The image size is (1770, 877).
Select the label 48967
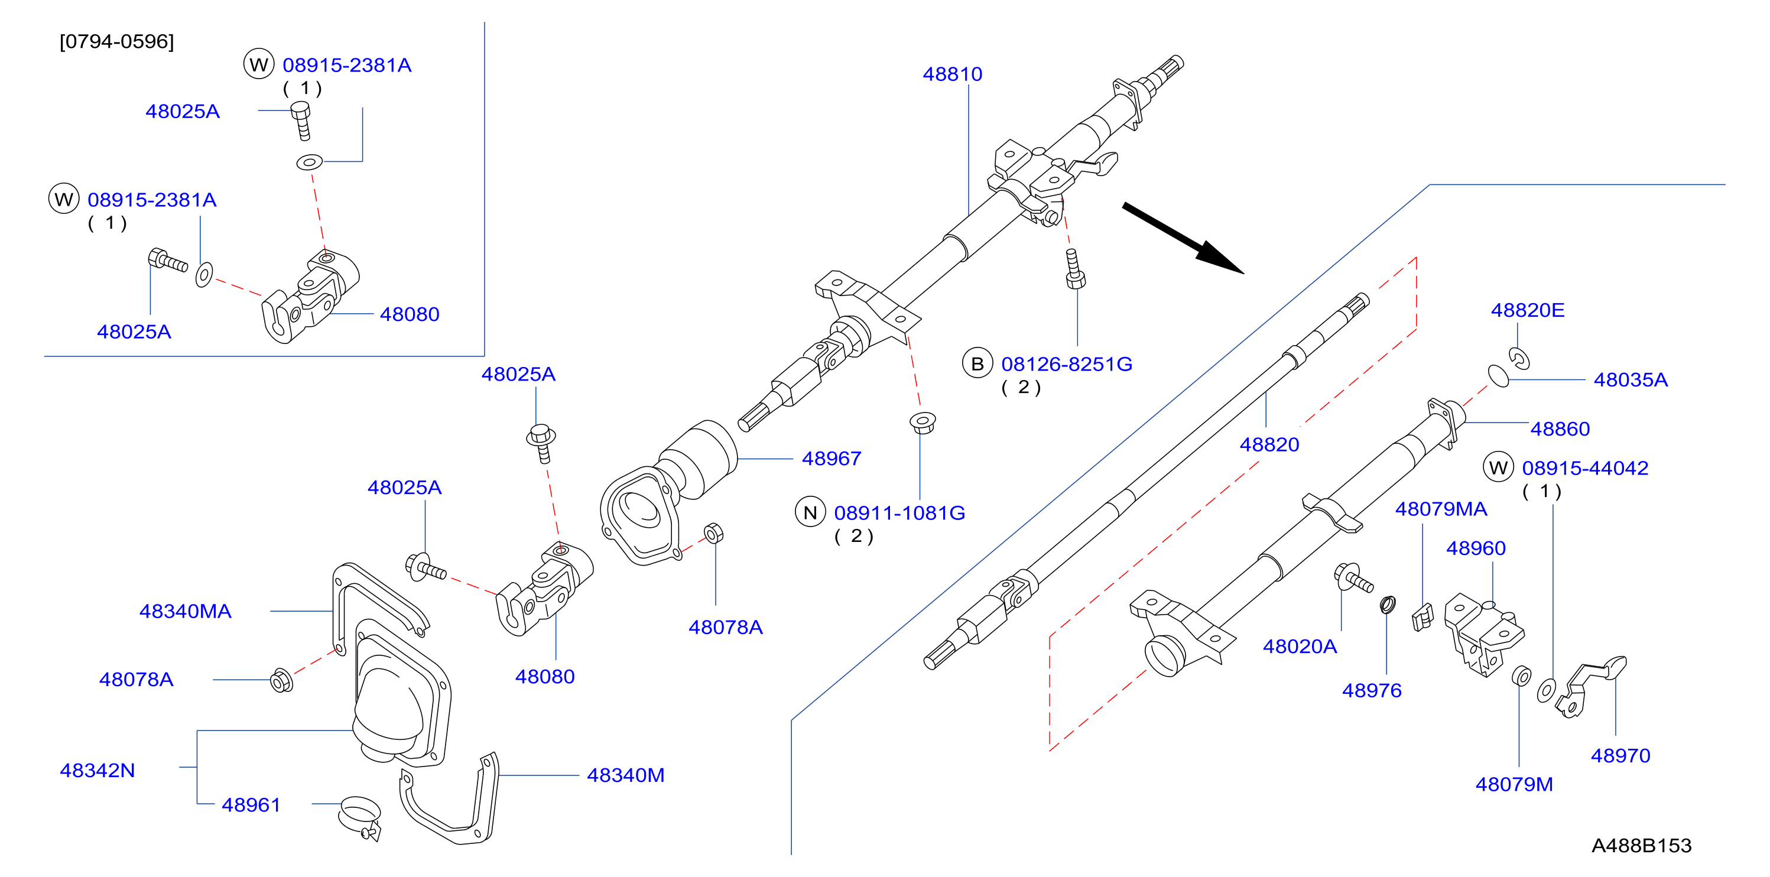(x=832, y=459)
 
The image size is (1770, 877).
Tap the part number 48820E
(x=1528, y=310)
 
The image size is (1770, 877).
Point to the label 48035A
(x=1631, y=379)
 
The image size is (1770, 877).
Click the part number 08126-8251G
(x=1066, y=363)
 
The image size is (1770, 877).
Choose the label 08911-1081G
(x=899, y=513)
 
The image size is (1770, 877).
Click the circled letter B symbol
(x=977, y=363)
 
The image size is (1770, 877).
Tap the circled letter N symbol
(x=810, y=512)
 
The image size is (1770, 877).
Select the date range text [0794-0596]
(x=117, y=41)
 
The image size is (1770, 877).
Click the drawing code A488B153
(x=1642, y=846)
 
